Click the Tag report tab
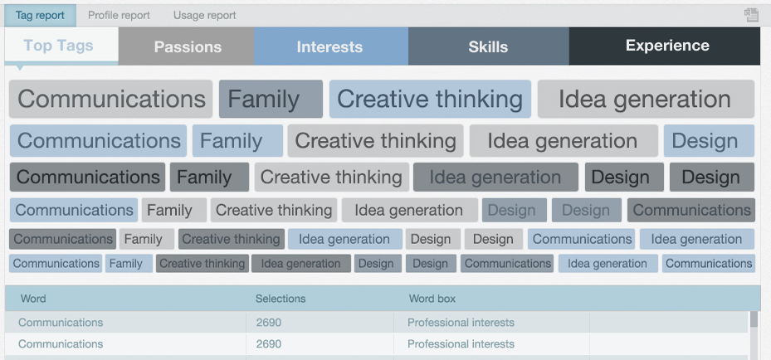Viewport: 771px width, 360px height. click(40, 15)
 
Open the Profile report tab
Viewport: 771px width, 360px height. click(119, 15)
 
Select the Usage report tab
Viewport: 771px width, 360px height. click(204, 15)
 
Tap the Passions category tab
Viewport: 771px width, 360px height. click(187, 46)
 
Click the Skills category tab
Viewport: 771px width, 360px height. click(488, 46)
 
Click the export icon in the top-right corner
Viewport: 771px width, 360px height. click(751, 15)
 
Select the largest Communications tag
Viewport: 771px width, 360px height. click(110, 99)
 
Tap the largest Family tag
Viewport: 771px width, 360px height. click(271, 99)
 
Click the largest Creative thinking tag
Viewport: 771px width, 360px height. click(430, 99)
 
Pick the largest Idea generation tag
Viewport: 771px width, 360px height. click(647, 99)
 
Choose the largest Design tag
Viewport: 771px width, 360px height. click(709, 141)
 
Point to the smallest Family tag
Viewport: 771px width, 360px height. click(129, 264)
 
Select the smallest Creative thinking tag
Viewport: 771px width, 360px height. click(203, 264)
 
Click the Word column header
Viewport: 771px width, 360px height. click(33, 299)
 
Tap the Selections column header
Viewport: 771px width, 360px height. click(281, 299)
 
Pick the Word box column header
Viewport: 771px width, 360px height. click(432, 299)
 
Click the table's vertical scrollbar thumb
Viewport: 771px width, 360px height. click(754, 319)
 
